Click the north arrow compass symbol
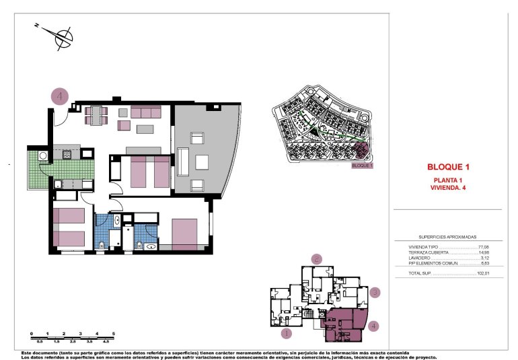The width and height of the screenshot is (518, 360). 63,36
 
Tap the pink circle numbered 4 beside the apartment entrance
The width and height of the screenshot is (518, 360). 61,97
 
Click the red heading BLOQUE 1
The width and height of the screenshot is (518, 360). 447,167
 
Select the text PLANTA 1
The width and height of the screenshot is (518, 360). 447,180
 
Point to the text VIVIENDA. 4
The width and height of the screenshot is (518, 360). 447,188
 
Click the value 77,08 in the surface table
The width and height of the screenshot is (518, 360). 483,247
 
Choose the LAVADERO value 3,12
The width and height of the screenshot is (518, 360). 484,258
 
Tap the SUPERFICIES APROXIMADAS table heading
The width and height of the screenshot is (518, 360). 447,238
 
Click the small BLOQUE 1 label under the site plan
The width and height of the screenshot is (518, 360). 362,165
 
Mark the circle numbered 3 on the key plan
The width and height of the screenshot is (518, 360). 375,293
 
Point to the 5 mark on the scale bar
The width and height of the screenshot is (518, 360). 114,334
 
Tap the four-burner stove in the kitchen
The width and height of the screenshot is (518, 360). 68,155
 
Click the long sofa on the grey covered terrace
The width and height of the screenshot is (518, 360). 202,162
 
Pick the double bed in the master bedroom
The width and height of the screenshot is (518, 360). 183,233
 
